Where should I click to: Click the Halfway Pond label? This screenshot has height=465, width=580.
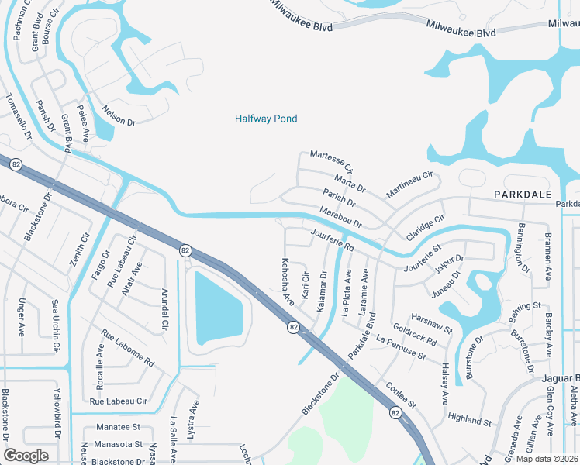pos(266,119)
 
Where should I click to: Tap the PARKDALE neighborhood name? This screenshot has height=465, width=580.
pos(523,193)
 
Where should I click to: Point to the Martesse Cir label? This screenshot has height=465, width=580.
pos(332,162)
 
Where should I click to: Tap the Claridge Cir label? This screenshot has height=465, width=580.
pos(423,226)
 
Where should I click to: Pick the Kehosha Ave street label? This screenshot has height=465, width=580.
pos(288,280)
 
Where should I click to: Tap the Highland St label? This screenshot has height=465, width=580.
pos(470,420)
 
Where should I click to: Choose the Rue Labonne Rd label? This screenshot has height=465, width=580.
pos(128,350)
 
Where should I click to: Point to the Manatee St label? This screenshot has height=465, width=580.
pos(118,427)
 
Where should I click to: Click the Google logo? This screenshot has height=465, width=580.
pos(26,455)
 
